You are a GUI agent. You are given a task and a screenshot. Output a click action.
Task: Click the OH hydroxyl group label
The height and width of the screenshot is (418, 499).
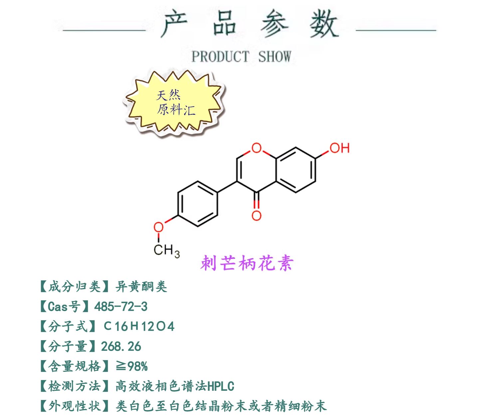pos(339,148)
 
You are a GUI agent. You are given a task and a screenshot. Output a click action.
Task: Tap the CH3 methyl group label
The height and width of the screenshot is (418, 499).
pos(166,250)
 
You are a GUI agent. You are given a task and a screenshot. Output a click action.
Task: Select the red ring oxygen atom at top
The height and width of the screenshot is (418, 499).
pos(256,148)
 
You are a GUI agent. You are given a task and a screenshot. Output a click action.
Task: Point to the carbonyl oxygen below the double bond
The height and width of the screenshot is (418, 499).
pos(256,215)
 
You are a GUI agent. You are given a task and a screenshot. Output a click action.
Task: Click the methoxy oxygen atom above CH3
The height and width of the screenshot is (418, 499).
pos(158,228)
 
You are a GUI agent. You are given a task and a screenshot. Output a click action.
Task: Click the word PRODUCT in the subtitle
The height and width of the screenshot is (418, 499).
pos(220,57)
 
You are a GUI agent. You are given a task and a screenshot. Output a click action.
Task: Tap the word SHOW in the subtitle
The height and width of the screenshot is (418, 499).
pos(274,57)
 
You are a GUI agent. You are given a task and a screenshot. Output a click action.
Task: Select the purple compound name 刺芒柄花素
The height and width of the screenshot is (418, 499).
pos(247,263)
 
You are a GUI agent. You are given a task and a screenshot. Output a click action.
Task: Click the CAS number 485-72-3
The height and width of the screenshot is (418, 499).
pos(121,306)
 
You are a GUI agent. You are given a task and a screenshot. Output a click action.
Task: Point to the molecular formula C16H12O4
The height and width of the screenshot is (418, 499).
pos(139,326)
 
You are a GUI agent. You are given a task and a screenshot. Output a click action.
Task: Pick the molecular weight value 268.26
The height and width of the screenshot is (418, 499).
pos(121,346)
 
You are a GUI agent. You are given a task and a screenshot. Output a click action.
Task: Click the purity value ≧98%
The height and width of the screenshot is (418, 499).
pos(132,366)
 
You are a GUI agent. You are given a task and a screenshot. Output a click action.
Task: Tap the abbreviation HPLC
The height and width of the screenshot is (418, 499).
pos(221,386)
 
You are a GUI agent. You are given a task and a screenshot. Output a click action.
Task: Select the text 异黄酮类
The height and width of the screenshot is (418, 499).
pos(141,286)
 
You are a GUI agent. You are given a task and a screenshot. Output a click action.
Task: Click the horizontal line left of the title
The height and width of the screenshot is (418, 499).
pos(104,31)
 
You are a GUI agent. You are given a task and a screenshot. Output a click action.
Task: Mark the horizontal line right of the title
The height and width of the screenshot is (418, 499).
pos(396,30)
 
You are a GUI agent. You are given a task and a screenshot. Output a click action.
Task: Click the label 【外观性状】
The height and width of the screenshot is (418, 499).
pos(75,406)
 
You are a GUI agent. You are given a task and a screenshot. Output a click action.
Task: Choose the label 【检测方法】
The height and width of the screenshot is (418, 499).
pos(75,386)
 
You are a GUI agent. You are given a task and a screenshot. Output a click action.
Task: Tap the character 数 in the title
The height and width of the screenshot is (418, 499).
pos(324,24)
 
